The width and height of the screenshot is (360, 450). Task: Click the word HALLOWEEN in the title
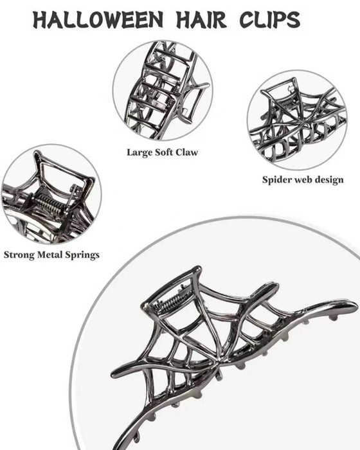pos(98,19)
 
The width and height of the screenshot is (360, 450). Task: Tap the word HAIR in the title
pos(201,19)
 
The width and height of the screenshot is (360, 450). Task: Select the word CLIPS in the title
pos(270,19)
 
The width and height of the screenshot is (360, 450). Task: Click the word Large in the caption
pos(139,152)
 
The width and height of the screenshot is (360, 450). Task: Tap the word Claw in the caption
pos(187,152)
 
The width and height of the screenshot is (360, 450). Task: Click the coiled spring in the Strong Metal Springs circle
pos(49,204)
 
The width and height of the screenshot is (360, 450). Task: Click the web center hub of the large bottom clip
pos(218,362)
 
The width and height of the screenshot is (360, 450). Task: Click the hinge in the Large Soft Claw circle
pos(175,91)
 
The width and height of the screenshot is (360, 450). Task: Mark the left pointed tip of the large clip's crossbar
pos(113,375)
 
